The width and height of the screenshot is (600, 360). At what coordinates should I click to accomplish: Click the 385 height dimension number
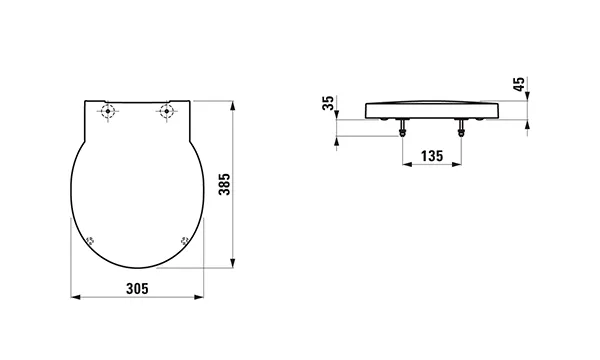click(224, 184)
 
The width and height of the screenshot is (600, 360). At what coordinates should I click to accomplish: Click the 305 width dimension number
click(137, 289)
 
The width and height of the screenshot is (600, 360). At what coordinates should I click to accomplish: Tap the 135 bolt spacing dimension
click(432, 156)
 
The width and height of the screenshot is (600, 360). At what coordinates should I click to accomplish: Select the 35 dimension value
click(328, 103)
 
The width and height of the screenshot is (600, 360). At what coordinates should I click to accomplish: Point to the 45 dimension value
click(519, 84)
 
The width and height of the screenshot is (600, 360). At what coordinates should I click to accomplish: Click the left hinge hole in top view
click(108, 111)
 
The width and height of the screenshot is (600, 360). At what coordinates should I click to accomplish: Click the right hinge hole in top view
click(166, 111)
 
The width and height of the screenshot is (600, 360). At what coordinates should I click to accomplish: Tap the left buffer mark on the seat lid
click(91, 241)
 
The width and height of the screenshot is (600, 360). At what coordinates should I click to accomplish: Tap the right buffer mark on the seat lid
click(184, 241)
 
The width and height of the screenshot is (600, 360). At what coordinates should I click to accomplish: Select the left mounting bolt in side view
click(402, 127)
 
